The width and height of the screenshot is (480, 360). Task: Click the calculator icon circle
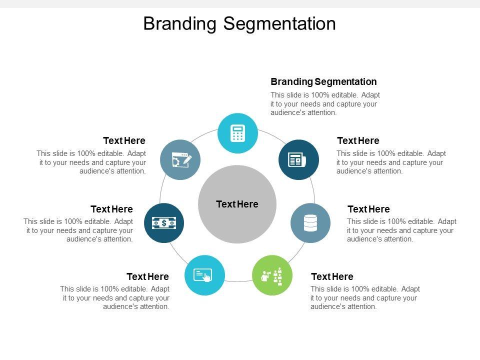[237, 133]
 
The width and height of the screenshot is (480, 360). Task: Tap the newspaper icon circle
[298, 160]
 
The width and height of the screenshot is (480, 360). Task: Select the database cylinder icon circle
[310, 223]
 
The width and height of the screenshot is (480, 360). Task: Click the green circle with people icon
[272, 275]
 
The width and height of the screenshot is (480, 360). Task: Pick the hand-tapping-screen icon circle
[204, 275]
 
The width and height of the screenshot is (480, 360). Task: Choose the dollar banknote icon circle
[164, 223]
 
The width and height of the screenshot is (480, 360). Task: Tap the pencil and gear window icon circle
[180, 160]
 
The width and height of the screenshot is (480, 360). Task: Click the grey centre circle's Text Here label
[237, 204]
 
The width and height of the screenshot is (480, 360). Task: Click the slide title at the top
[239, 23]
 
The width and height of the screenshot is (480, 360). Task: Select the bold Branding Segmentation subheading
[323, 81]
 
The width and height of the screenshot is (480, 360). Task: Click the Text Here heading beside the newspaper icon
[358, 140]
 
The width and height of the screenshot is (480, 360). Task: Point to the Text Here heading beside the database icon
[368, 209]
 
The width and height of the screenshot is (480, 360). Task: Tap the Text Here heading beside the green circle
[332, 276]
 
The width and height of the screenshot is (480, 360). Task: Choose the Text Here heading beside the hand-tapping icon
[147, 276]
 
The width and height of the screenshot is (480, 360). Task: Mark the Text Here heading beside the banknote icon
[111, 209]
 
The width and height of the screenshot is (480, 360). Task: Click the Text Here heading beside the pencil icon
[124, 140]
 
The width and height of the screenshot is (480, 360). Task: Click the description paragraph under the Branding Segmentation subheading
[325, 104]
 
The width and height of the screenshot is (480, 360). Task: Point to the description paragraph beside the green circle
[365, 297]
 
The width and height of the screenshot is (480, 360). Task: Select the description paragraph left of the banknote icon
[78, 230]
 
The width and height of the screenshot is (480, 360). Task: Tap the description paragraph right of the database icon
[401, 230]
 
